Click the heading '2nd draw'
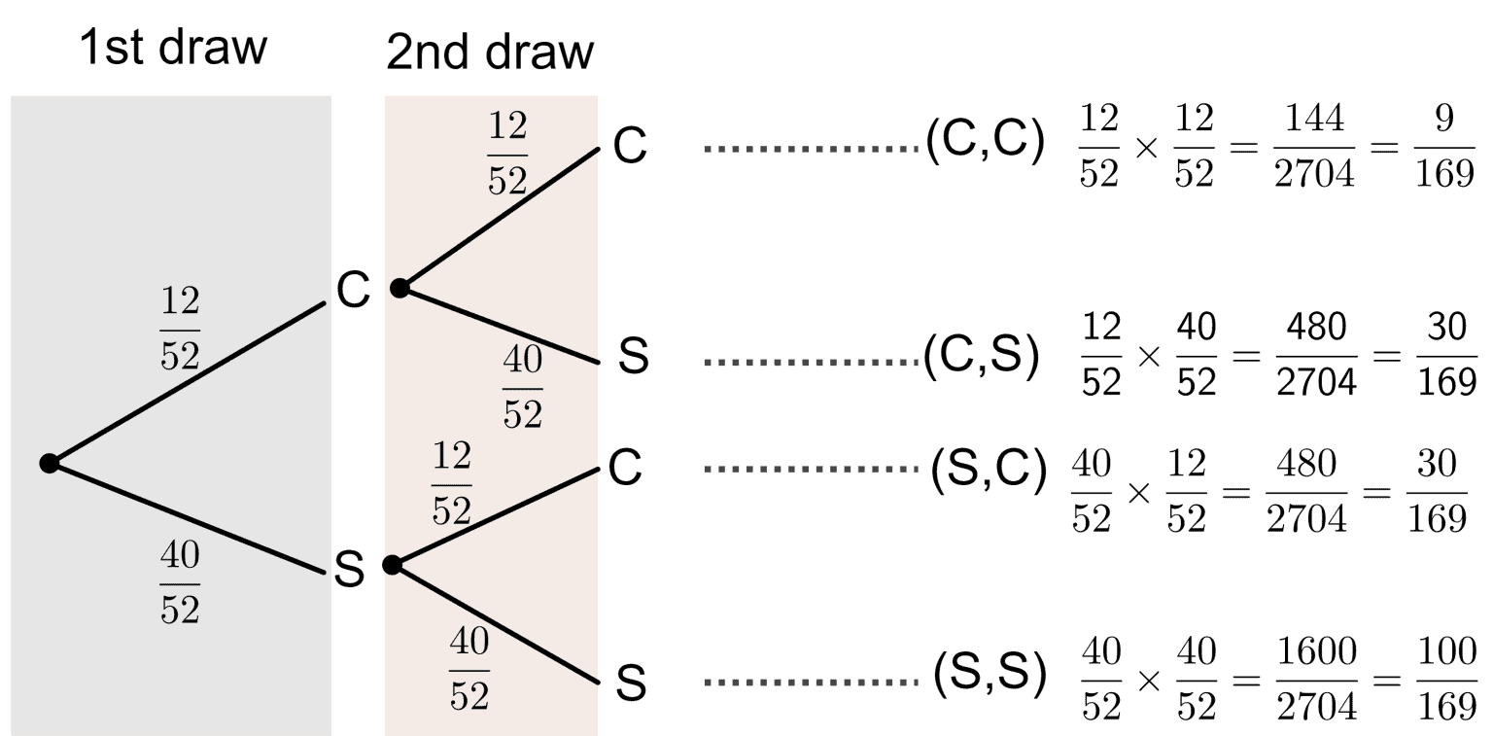(x=489, y=53)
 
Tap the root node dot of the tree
(x=50, y=464)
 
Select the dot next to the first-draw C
(x=399, y=288)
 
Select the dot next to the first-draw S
(x=392, y=565)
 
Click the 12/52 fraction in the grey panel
(x=180, y=330)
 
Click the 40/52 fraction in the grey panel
(x=180, y=582)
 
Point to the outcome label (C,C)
(x=984, y=147)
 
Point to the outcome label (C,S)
(x=982, y=358)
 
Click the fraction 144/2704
(x=1317, y=147)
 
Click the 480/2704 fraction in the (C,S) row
(x=1317, y=355)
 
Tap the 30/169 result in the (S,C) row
(x=1437, y=492)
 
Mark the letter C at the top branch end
(x=630, y=149)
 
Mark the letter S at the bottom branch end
(x=631, y=684)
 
